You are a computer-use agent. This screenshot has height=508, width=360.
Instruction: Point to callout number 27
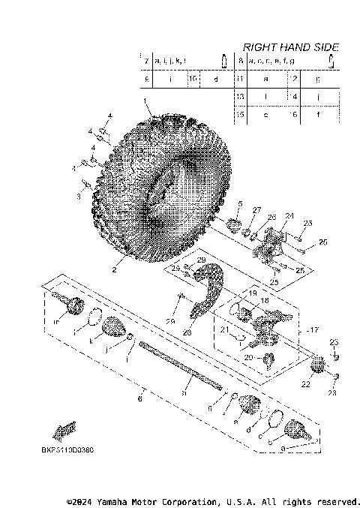[x=255, y=210]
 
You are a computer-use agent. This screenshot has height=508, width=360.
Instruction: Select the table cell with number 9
[x=147, y=78]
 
